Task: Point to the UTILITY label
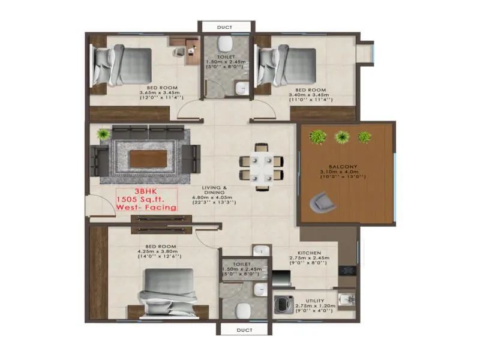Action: tap(314, 300)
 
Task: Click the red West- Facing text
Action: tap(147, 207)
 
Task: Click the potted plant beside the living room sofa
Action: tap(103, 133)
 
